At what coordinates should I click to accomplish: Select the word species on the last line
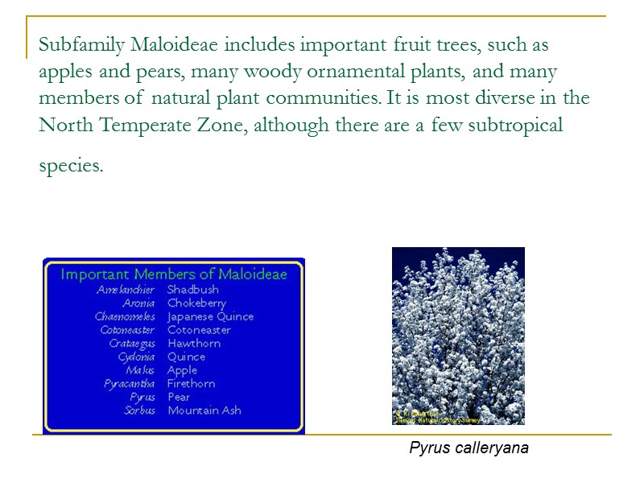click(x=71, y=166)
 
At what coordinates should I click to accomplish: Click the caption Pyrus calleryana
click(x=469, y=448)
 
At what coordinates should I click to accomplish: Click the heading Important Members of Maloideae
click(x=174, y=274)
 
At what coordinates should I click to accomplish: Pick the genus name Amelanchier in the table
click(x=126, y=290)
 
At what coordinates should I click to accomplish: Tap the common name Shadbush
click(x=192, y=290)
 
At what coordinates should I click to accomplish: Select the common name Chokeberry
click(x=196, y=303)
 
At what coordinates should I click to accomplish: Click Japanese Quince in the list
click(x=210, y=316)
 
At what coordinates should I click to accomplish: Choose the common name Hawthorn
click(x=193, y=344)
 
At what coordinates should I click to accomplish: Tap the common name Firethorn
click(x=191, y=384)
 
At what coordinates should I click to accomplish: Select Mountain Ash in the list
click(x=204, y=411)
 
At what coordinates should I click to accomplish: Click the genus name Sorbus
click(x=139, y=411)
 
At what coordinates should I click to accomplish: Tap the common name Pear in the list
click(x=179, y=397)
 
